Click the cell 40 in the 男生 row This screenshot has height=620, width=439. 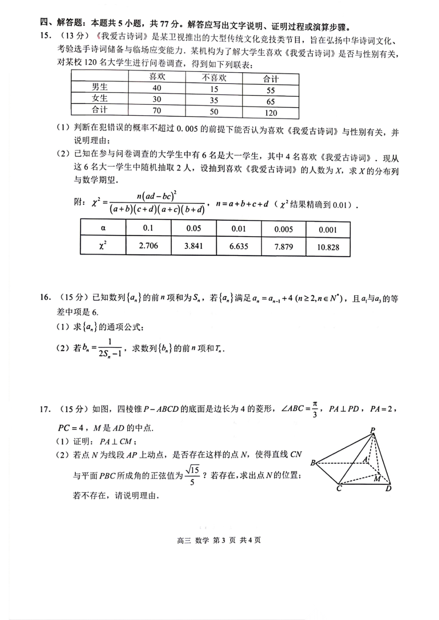pos(157,88)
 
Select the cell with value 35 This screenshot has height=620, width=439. pos(214,100)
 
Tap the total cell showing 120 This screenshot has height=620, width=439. pos(271,113)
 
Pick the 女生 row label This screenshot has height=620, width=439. pos(100,98)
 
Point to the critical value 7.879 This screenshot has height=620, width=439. pos(283,246)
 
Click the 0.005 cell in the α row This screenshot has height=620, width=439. pos(283,229)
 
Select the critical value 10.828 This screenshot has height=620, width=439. pos(328,247)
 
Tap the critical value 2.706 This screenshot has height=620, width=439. pos(148,246)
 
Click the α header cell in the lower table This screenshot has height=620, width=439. pos(103,228)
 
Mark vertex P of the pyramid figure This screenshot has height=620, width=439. pos(373,430)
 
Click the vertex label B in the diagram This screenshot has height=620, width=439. pos(313,462)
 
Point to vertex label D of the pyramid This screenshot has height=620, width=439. pos(388,488)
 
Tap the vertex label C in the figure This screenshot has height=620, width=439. pos(339,488)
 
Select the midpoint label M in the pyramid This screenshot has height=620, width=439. pos(377,479)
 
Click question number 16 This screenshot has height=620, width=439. pos(45,298)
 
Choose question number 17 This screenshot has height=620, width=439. pos(45,409)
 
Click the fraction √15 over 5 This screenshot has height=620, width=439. pos(192,475)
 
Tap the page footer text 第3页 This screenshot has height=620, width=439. pos(224,540)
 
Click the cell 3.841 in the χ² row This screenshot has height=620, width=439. pos(193,246)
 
